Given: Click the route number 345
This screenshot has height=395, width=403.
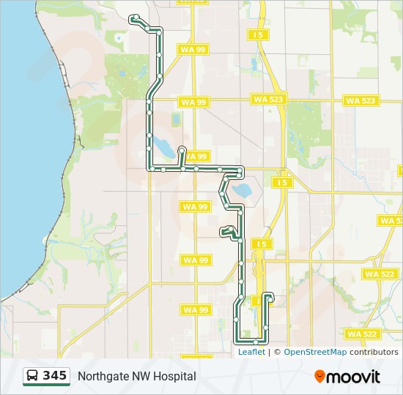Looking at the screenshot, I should point(54,376).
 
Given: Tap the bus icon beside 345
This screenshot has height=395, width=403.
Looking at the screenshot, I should point(33,376).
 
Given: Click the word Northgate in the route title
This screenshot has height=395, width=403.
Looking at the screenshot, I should point(103,376).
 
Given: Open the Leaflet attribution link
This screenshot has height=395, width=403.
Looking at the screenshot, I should point(251,352).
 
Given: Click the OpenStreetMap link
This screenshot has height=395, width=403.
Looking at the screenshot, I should point(315,352).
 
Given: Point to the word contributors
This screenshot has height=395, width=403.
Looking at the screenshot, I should point(374,352).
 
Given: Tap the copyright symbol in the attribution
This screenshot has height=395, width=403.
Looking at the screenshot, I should point(277,352).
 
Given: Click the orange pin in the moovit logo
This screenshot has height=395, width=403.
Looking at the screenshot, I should point(320,377).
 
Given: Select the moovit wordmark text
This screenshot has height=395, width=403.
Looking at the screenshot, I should point(354,377).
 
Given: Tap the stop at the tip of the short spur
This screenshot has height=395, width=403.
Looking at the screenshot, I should point(181,149).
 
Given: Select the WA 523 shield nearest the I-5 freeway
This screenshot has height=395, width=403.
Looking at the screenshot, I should point(268,99).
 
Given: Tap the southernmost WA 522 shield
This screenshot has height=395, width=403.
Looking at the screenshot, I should point(362,334).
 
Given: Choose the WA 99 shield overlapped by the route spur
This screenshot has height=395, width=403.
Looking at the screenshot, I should point(196,157).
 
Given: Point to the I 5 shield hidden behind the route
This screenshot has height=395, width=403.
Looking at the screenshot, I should point(258,301).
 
